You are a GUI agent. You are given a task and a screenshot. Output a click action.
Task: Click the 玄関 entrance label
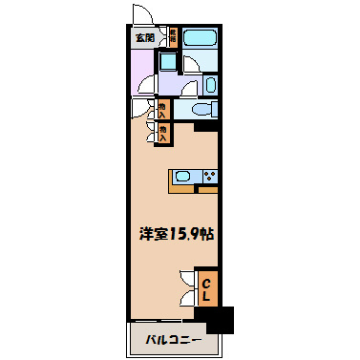(x=143, y=39)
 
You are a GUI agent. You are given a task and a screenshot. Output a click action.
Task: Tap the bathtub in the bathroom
(x=200, y=40)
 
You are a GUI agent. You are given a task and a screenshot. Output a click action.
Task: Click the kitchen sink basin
(x=185, y=176)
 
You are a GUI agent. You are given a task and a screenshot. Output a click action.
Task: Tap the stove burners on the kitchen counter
(x=209, y=176)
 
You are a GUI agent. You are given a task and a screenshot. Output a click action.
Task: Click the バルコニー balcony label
(x=174, y=340)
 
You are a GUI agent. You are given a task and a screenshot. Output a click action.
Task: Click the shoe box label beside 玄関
(x=173, y=38)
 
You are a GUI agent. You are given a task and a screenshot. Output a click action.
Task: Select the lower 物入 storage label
(x=163, y=132)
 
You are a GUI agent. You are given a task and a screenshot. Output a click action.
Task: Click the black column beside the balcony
(x=220, y=320)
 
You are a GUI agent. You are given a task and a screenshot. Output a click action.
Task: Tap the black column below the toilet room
(x=207, y=125)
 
